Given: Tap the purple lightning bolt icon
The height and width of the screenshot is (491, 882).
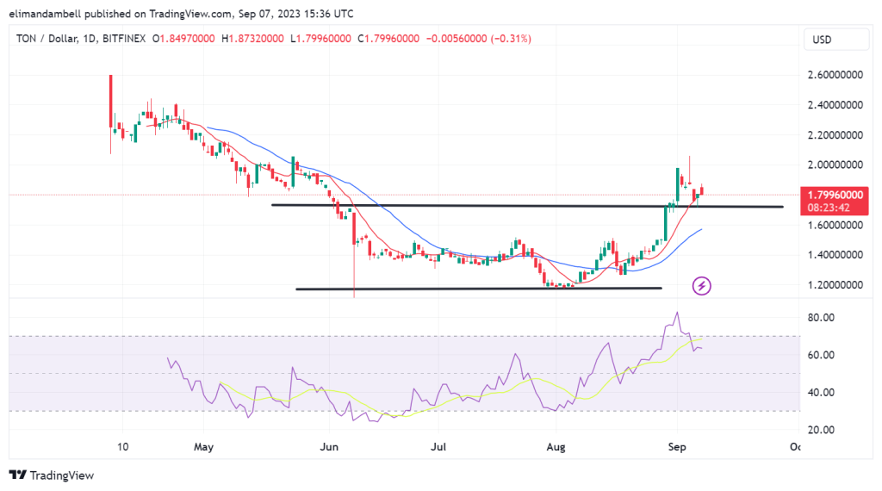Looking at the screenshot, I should [x=702, y=285].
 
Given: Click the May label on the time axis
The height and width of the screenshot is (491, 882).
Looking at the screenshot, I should [x=203, y=447].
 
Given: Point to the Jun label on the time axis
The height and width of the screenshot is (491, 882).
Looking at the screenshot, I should [x=328, y=447].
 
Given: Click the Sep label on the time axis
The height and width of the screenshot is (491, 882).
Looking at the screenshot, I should [x=677, y=447].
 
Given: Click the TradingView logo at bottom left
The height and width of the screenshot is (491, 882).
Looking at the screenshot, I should [x=52, y=475].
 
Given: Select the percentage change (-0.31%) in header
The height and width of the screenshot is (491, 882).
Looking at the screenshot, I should [x=512, y=39].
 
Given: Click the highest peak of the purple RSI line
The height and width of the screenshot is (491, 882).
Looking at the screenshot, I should [x=677, y=313].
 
